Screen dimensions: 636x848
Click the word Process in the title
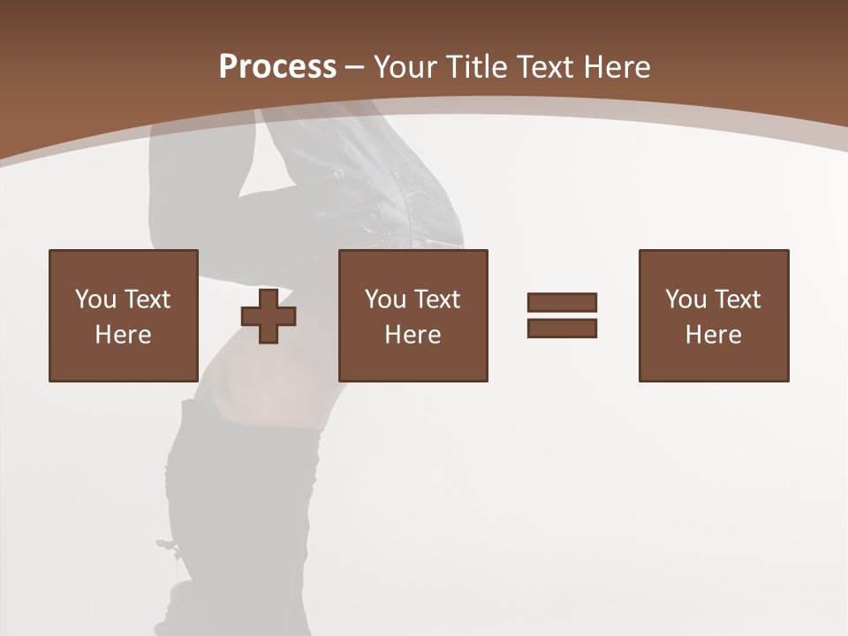click(277, 67)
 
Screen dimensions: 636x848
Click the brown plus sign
click(269, 316)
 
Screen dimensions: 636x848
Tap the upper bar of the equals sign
click(562, 302)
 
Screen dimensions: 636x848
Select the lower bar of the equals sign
click(562, 328)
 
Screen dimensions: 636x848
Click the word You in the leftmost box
click(95, 299)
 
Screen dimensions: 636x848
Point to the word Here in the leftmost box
click(123, 335)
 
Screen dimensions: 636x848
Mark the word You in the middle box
click(385, 299)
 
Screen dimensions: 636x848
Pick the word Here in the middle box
click(413, 335)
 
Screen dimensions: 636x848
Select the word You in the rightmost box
click(685, 299)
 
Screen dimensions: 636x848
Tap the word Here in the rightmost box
click(713, 335)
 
